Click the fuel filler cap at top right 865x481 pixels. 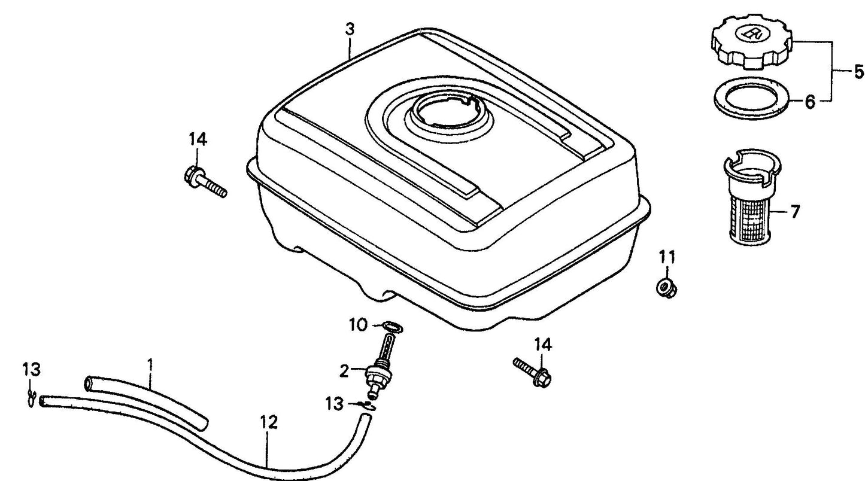coord(751,42)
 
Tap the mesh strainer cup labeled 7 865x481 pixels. coord(751,196)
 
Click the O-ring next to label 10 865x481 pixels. coord(392,327)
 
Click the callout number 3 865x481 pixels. coord(350,29)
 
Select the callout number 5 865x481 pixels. coord(858,72)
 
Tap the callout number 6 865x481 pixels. coord(810,102)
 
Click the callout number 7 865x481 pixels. coord(794,212)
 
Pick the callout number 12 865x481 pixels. coord(269,422)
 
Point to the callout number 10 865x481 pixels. coord(359,325)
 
